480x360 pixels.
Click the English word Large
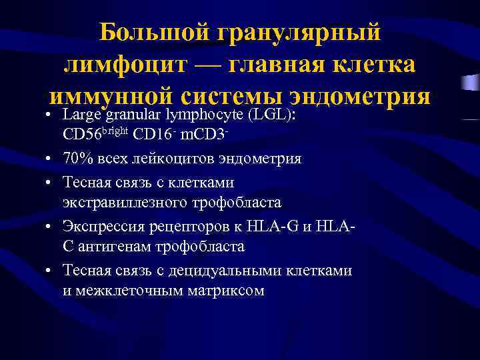[x=79, y=115]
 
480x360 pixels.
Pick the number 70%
[x=75, y=159]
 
